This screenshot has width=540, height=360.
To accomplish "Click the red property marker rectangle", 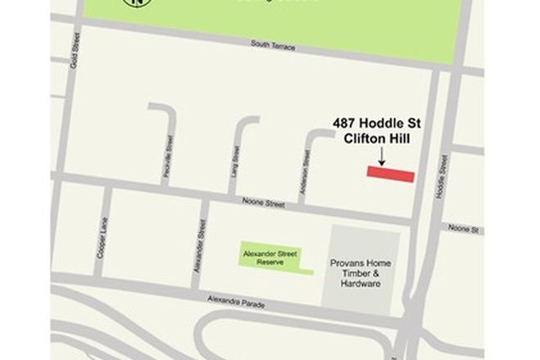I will point(390,174).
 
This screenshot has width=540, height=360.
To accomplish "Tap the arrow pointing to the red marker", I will point(381,156).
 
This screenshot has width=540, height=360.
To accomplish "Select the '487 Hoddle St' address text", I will point(376,123).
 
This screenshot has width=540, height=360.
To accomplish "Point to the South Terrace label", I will point(273,47).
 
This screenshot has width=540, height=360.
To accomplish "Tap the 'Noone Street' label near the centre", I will point(263,201).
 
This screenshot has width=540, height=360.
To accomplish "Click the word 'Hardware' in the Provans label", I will point(361,284).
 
